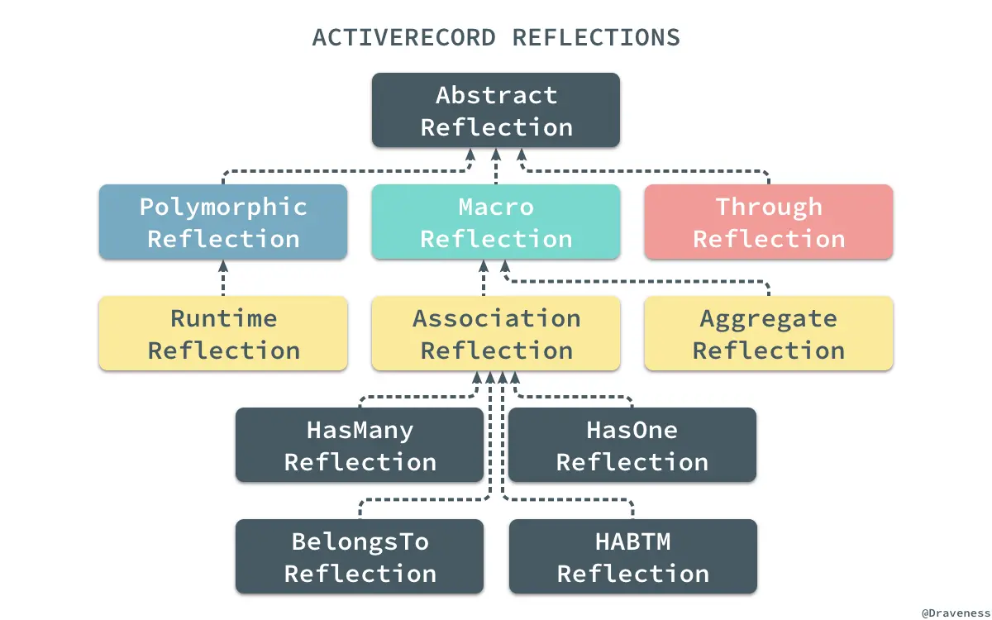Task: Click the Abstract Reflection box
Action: [x=496, y=111]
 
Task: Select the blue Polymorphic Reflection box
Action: [x=223, y=222]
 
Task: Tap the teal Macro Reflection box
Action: [x=496, y=222]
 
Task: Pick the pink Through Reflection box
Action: [x=769, y=222]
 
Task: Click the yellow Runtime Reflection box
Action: [x=223, y=334]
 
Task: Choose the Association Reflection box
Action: [x=496, y=334]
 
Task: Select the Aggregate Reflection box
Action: [x=769, y=334]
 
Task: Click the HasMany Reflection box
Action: [x=360, y=446]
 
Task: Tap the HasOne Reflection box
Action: [x=632, y=446]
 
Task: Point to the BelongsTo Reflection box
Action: [x=360, y=557]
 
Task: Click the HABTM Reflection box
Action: [x=632, y=557]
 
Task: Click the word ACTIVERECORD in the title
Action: [x=404, y=38]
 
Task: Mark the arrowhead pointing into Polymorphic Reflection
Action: [x=223, y=266]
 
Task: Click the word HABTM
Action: [x=632, y=542]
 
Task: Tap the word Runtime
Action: [x=223, y=319]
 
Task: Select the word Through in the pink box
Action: [x=769, y=207]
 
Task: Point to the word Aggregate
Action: [x=769, y=319]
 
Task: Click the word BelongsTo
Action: [x=360, y=542]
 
